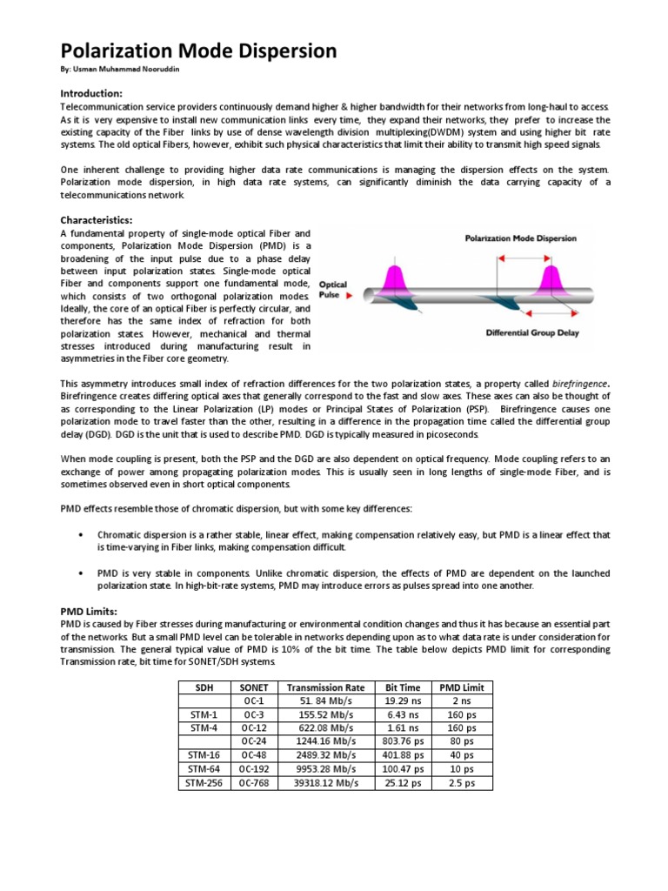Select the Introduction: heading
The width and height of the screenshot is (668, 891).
click(91, 93)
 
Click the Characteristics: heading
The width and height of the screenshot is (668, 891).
click(96, 221)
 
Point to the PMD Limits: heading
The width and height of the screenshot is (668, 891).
click(89, 612)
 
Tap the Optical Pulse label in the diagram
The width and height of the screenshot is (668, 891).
click(332, 290)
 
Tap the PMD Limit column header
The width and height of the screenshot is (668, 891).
click(462, 687)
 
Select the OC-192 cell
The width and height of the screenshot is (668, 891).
click(254, 769)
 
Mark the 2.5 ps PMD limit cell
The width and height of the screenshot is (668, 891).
click(462, 783)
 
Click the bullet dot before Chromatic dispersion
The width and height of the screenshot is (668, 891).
click(80, 534)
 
